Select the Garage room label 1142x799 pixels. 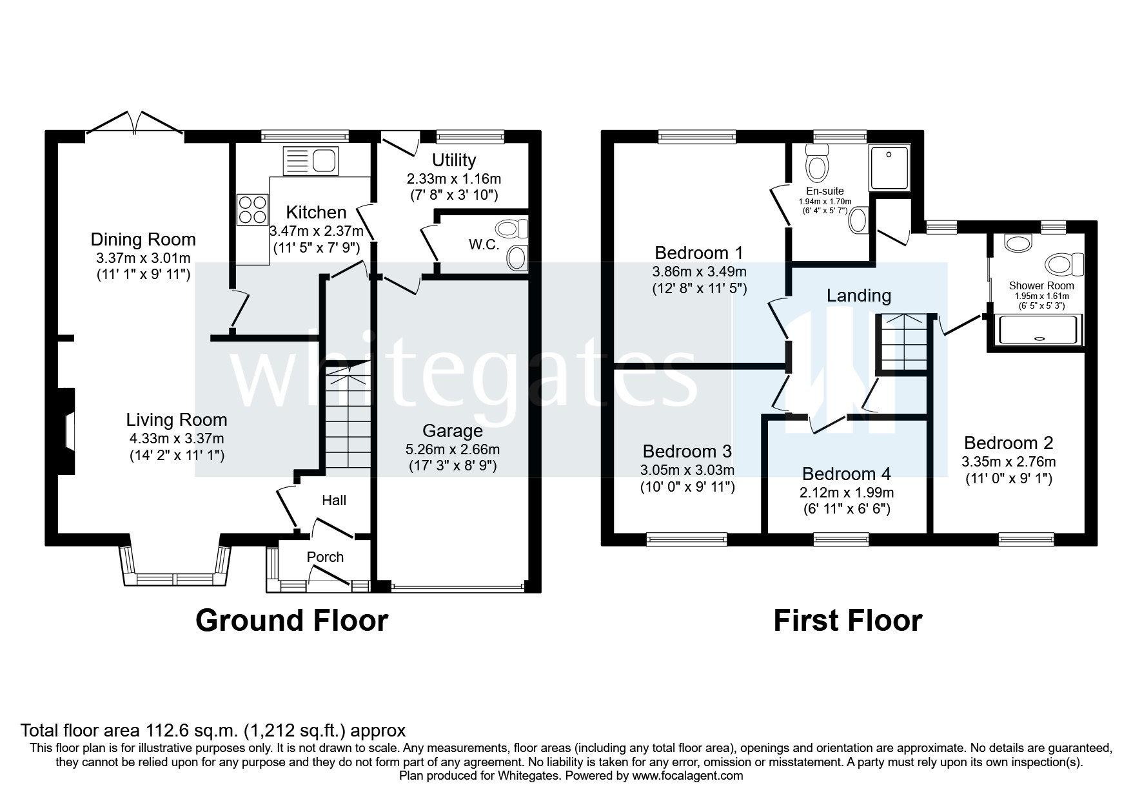click(x=452, y=430)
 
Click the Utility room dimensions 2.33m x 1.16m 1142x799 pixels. click(x=453, y=179)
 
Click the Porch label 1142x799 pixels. click(x=325, y=557)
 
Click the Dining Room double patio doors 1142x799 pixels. click(x=135, y=124)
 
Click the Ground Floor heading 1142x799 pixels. click(x=291, y=620)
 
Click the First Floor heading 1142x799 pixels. click(x=847, y=620)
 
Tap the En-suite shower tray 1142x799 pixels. click(x=890, y=168)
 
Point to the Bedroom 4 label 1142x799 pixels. click(x=846, y=474)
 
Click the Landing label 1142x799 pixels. click(x=858, y=296)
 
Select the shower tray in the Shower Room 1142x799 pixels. click(x=1038, y=329)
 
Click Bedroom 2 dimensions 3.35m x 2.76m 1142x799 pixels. click(x=1008, y=461)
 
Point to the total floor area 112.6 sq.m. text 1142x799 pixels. click(x=213, y=730)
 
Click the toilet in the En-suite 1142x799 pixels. click(x=817, y=164)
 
